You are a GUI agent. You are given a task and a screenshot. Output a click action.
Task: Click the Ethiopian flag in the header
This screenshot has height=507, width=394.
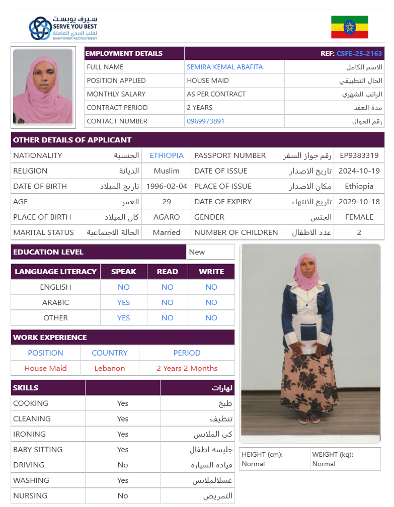349,27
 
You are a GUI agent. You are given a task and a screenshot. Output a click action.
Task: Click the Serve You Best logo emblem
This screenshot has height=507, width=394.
40,28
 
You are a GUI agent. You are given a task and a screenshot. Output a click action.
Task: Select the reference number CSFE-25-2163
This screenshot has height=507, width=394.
359,53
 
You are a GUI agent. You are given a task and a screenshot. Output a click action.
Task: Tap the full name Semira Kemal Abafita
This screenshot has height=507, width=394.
224,67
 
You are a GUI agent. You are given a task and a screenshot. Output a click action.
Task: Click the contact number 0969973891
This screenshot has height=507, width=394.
205,121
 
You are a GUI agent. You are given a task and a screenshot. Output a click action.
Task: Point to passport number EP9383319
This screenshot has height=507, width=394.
359,155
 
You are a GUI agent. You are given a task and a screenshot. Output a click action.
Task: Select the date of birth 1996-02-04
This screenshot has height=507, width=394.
167,186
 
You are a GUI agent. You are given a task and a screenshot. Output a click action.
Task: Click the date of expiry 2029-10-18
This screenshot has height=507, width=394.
359,202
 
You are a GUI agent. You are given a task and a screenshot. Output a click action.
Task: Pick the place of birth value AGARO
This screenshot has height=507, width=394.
167,217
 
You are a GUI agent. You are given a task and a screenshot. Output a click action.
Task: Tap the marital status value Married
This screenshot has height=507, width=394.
167,232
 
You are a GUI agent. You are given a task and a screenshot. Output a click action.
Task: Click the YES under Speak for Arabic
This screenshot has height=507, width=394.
123,302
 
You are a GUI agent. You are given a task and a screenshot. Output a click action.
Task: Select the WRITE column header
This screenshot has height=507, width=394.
211,272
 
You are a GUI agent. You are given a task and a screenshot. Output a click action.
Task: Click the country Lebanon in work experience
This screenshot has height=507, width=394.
110,368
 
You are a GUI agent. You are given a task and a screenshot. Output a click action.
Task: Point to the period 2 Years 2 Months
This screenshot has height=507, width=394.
187,368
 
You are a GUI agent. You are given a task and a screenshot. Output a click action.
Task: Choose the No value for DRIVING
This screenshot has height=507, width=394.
123,465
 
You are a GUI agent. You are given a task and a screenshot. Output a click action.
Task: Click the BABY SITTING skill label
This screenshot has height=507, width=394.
38,450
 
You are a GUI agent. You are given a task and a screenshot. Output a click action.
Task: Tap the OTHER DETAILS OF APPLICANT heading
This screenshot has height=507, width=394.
72,140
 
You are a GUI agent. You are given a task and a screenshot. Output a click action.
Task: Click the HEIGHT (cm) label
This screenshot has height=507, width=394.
262,455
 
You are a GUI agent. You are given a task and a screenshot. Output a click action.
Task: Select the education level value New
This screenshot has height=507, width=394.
197,252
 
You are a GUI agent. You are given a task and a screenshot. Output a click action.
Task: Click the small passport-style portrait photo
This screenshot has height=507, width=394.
43,88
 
